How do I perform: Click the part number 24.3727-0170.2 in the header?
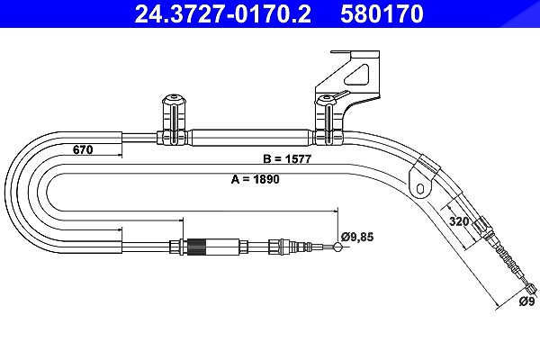pyautogui.click(x=222, y=13)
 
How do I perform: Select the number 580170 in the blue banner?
pyautogui.click(x=382, y=13)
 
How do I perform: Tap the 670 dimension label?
pyautogui.click(x=83, y=150)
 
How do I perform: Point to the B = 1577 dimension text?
pyautogui.click(x=287, y=158)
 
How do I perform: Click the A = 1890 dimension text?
pyautogui.click(x=256, y=179)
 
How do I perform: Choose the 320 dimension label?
pyautogui.click(x=459, y=221)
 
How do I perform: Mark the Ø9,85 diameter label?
pyautogui.click(x=357, y=237)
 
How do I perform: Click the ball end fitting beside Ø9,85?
pyautogui.click(x=337, y=247)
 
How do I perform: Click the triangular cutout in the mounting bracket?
pyautogui.click(x=358, y=75)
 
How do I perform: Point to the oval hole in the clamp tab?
pyautogui.click(x=419, y=188)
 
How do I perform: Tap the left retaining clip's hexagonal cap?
pyautogui.click(x=174, y=100)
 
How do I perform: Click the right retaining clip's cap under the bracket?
pyautogui.click(x=326, y=101)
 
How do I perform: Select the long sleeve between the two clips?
pyautogui.click(x=249, y=138)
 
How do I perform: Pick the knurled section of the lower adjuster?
pyautogui.click(x=197, y=247)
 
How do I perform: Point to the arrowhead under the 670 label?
pyautogui.click(x=120, y=156)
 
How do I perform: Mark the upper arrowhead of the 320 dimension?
pyautogui.click(x=449, y=208)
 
